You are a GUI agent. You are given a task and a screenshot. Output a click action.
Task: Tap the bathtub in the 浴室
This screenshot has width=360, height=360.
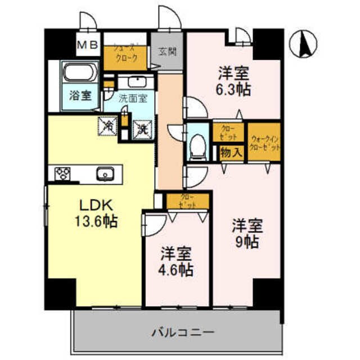pos(81,73)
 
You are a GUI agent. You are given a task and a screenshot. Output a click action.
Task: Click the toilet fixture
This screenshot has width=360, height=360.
pos(197,145)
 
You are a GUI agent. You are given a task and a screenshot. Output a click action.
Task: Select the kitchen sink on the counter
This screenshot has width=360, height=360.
pos(105,174)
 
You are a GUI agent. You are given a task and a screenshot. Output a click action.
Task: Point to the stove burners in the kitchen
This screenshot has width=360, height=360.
pos(62,174)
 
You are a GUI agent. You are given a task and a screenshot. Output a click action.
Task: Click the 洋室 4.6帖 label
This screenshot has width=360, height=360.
pos(176,262)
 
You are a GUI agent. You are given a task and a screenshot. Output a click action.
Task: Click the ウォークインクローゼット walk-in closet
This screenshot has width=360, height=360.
pos(264,141)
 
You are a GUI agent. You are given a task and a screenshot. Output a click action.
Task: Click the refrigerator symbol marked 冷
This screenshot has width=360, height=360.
pos(107,127)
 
